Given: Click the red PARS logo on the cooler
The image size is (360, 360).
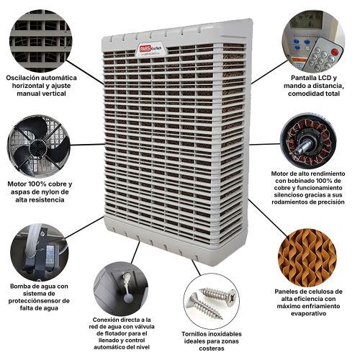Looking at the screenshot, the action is (145, 49).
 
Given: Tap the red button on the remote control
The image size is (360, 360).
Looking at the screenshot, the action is (334, 51).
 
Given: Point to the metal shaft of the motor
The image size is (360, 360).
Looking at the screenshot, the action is (302, 148).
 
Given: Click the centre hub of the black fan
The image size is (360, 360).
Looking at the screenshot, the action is (38, 148).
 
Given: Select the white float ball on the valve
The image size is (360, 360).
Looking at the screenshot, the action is (128, 298).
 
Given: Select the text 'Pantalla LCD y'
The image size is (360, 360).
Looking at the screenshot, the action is (314, 78).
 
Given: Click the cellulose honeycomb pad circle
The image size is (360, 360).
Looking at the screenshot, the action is (307, 258).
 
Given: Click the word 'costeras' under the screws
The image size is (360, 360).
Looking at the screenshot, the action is (212, 348).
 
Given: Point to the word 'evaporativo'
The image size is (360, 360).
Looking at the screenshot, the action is (308, 313).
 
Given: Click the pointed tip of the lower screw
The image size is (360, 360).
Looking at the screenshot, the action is (222, 319).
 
